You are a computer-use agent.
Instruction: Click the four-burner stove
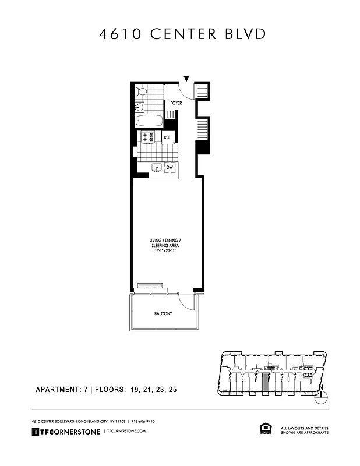coord(148,137)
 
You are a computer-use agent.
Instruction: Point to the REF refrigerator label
coord(167,137)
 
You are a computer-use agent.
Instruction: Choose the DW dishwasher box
coord(170,168)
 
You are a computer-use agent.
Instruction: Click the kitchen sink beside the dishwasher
coord(156,168)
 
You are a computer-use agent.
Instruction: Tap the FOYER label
coord(176,103)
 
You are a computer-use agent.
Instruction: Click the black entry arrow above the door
coord(186,79)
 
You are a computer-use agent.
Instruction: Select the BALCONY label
coord(163,314)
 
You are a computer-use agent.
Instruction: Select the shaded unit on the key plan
coord(266,383)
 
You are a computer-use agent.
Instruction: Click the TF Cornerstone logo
coord(65,431)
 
